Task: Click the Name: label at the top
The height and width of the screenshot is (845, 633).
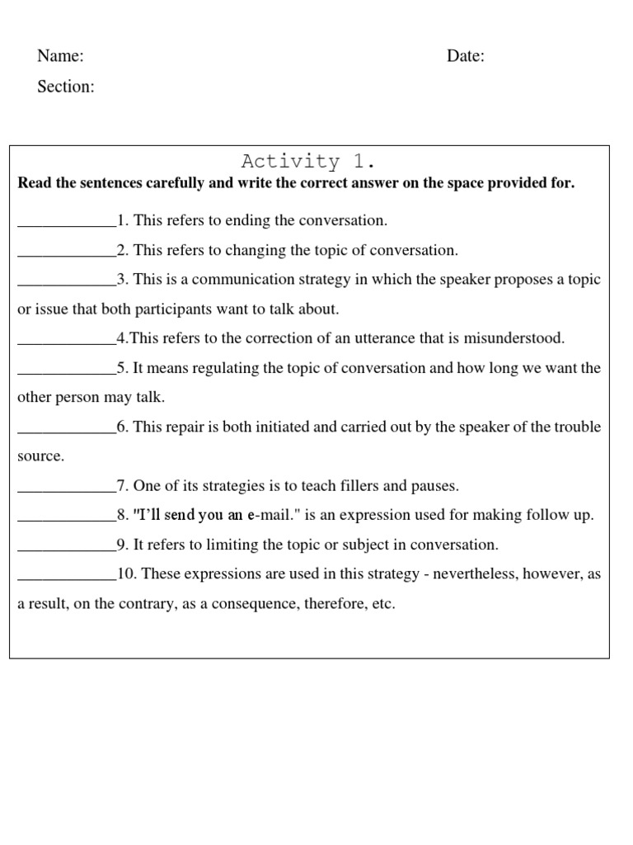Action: (60, 56)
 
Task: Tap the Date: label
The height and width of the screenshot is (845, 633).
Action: (466, 56)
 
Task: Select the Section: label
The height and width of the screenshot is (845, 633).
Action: (66, 87)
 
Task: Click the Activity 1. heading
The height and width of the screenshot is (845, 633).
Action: (309, 161)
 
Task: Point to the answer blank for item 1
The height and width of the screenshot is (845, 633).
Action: (67, 221)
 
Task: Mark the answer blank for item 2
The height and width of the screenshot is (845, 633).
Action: (67, 251)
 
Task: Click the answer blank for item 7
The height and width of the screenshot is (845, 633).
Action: (67, 486)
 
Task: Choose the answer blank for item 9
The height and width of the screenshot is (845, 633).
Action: (67, 545)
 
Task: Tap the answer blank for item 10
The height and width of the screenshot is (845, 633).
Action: (67, 574)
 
